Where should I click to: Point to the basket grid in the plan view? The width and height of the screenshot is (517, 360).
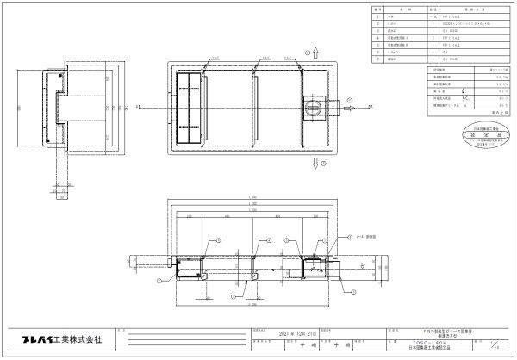click(x=187, y=107)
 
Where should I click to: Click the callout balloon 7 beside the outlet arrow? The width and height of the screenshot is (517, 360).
click(x=351, y=101)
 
